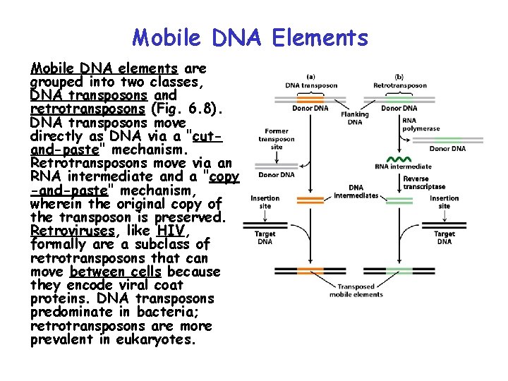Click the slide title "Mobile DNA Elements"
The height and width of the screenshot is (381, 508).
coord(250,37)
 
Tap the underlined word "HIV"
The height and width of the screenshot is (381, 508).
coord(171,231)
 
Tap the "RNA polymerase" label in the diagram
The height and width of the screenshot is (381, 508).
coord(421,124)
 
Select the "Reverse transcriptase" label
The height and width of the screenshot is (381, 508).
coord(424,183)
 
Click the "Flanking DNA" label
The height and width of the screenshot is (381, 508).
coord(354,118)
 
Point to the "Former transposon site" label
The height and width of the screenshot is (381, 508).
coord(276,139)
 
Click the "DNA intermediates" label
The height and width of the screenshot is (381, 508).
coord(356,192)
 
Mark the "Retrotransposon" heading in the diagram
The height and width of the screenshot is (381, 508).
coord(399,85)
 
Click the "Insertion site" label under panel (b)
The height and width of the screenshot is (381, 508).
coord(444,202)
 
